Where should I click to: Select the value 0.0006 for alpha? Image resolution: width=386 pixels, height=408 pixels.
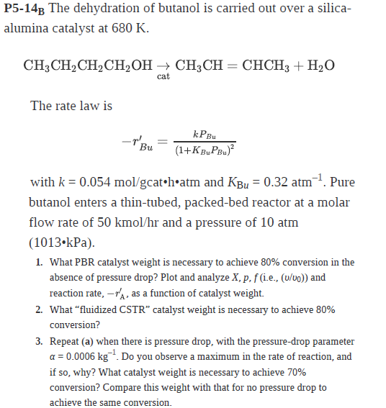tap(81, 357)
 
